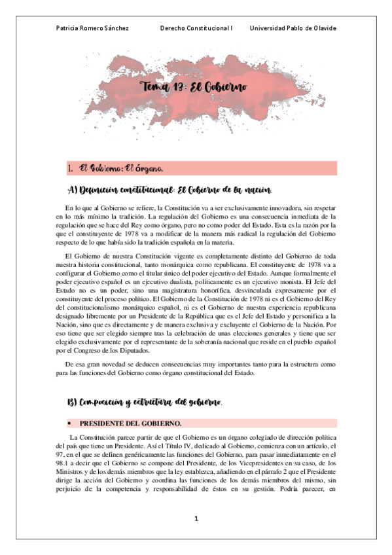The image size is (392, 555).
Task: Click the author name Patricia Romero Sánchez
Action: [92, 29]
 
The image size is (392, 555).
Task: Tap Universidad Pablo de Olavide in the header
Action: [293, 29]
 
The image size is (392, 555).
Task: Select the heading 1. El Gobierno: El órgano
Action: [122, 170]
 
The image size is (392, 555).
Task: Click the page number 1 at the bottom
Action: [196, 519]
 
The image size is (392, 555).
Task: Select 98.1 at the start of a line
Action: [62, 463]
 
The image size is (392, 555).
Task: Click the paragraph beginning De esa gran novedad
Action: [196, 368]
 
